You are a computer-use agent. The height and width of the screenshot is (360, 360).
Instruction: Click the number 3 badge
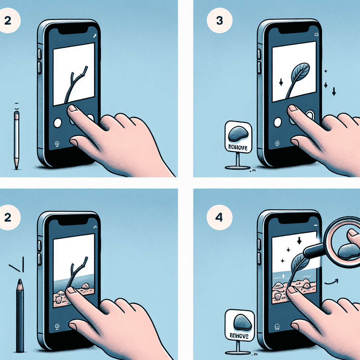pyautogui.click(x=220, y=21)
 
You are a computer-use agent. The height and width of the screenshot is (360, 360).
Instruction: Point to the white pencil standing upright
pyautogui.click(x=17, y=137)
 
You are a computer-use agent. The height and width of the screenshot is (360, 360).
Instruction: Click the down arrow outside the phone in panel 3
pyautogui.click(x=334, y=92)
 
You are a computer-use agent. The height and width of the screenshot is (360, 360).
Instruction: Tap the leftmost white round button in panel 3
pyautogui.click(x=277, y=122)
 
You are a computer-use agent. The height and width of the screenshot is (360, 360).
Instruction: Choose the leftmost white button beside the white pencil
pyautogui.click(x=57, y=122)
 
